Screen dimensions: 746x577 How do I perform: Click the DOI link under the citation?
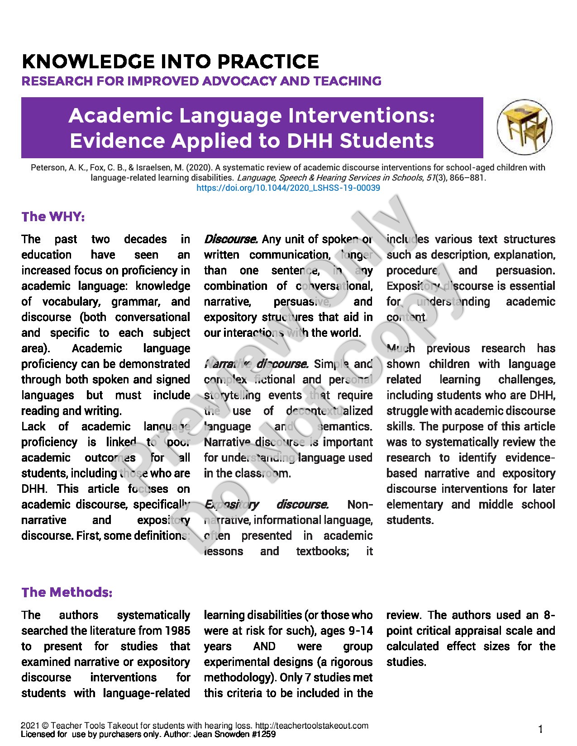288,188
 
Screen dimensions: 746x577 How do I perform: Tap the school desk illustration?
525,127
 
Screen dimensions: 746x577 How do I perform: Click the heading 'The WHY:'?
53,217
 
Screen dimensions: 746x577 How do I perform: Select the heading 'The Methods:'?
67,592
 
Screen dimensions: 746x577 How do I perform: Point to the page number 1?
540,729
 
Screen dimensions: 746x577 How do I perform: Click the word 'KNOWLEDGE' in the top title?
88,61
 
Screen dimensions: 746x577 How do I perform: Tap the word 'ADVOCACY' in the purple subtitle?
239,81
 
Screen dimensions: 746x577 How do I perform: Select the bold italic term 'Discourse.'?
231,239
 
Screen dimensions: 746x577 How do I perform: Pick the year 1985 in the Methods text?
177,631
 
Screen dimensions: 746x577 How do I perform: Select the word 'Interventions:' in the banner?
362,115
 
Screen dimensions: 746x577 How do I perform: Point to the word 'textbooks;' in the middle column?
323,551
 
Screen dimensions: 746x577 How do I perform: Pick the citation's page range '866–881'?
467,178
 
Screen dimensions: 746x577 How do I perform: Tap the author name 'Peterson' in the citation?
48,168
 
